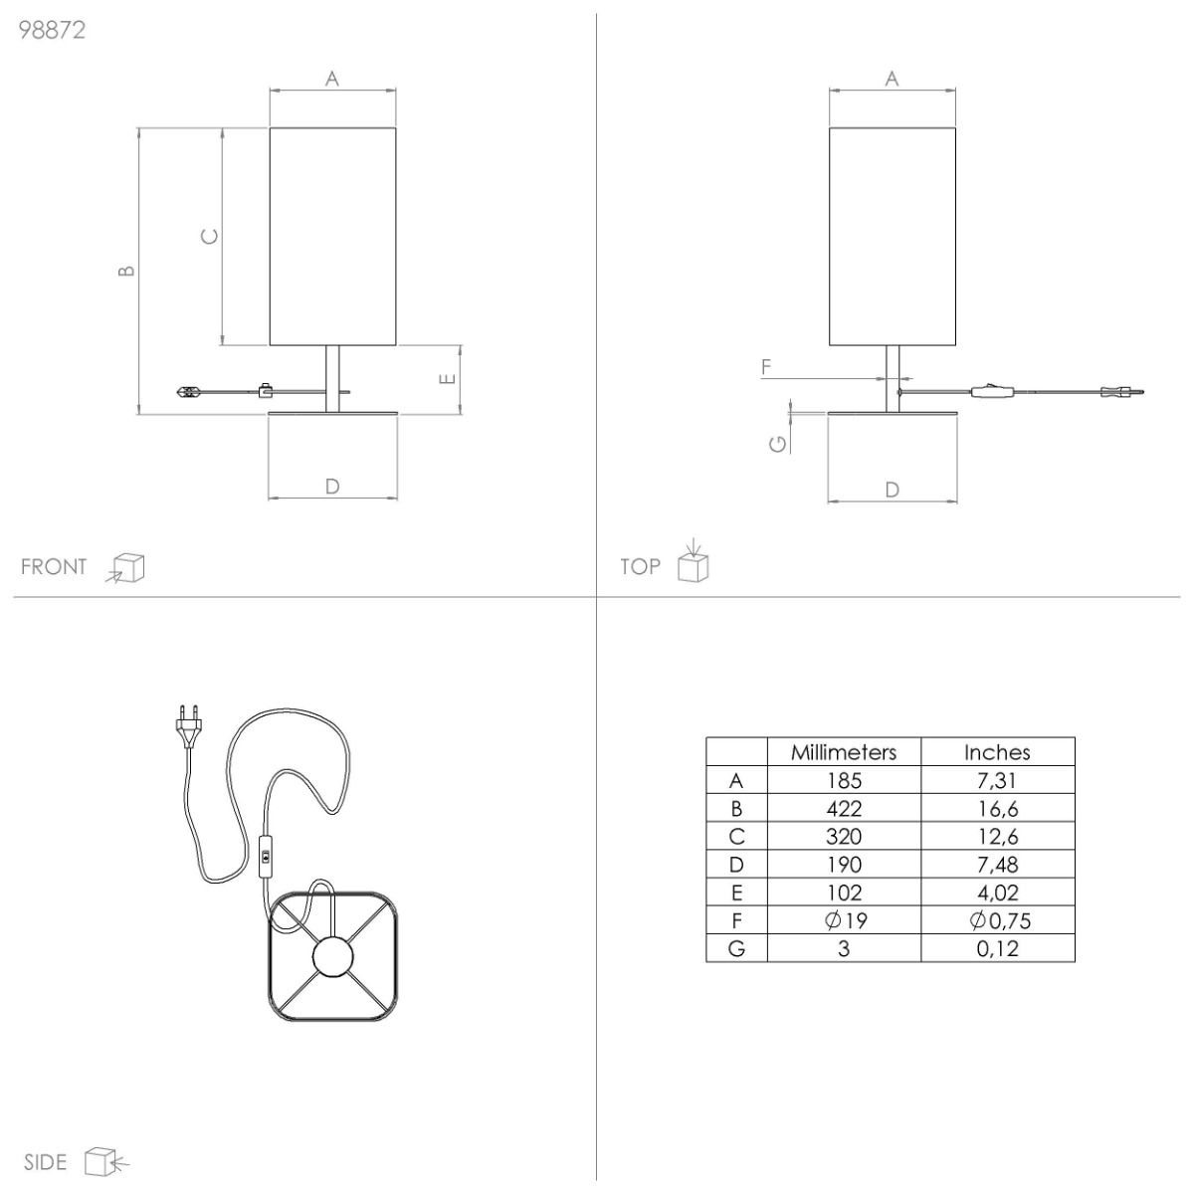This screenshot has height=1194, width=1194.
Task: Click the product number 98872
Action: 52,30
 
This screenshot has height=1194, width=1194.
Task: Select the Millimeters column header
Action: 844,752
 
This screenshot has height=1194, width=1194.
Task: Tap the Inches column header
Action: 997,752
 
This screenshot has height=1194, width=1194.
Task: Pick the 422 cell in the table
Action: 844,809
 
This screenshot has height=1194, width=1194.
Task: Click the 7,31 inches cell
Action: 997,781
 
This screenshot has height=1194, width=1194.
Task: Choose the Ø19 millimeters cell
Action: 846,920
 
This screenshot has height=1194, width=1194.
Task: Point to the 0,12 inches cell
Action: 997,948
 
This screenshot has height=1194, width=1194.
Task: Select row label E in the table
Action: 736,893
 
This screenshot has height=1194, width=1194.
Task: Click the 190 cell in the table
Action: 844,865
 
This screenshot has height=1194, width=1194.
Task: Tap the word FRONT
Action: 54,567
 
